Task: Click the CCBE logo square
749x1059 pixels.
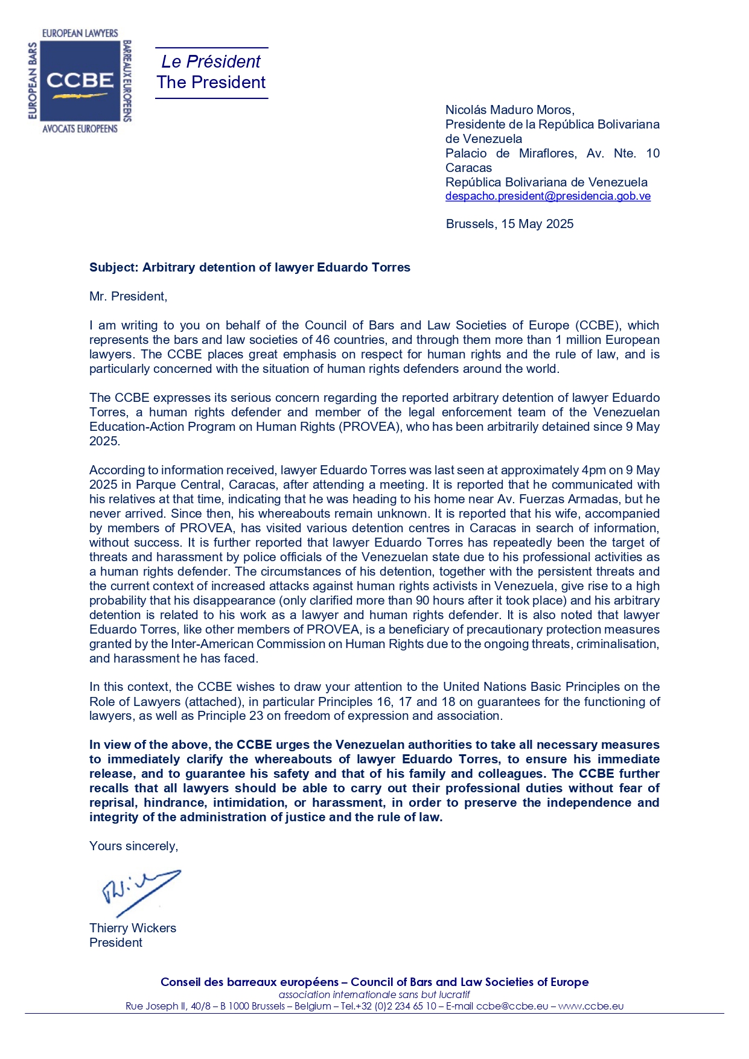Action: (80, 81)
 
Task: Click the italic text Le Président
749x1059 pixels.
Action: (211, 62)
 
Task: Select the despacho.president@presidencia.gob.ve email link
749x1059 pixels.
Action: (547, 196)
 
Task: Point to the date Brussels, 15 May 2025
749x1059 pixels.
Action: (509, 224)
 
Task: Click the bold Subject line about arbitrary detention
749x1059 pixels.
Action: (249, 267)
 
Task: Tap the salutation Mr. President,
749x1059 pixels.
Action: (128, 296)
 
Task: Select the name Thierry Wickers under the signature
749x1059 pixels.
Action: (133, 928)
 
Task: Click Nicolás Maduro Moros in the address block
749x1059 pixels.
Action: (509, 110)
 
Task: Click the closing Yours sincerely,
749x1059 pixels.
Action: (133, 846)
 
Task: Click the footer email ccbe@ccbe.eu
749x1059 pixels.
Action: (512, 1006)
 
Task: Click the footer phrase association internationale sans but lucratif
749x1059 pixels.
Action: (374, 994)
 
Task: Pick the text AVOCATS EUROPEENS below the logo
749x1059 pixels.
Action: (80, 129)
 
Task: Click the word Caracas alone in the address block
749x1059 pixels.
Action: (468, 168)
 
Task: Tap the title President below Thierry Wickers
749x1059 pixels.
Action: (116, 943)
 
